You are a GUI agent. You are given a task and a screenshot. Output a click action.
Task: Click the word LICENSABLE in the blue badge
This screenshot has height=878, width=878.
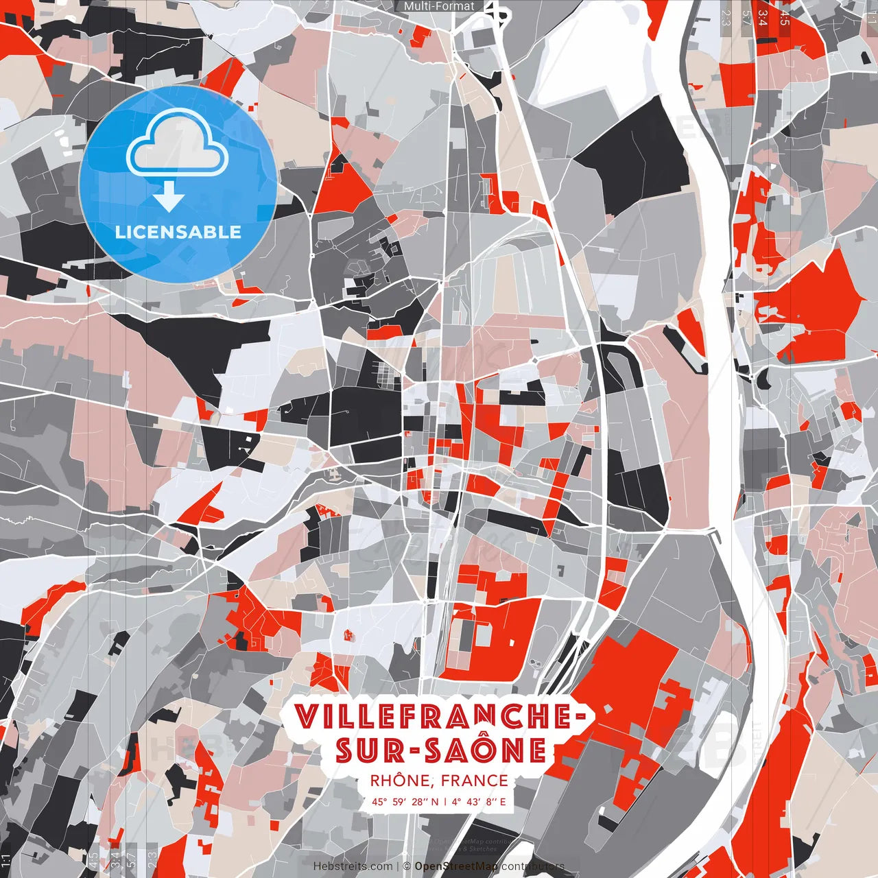pyautogui.click(x=178, y=232)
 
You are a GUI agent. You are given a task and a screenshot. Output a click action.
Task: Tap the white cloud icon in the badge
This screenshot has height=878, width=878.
pyautogui.click(x=178, y=144)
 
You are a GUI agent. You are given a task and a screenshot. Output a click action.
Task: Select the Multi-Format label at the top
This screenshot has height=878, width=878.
pyautogui.click(x=439, y=6)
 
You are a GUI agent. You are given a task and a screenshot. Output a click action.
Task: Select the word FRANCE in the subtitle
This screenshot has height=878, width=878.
pyautogui.click(x=475, y=781)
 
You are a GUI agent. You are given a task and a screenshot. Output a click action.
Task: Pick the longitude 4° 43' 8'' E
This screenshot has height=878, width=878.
pyautogui.click(x=478, y=801)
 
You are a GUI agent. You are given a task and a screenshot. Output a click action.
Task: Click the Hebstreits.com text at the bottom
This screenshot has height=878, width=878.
pyautogui.click(x=353, y=866)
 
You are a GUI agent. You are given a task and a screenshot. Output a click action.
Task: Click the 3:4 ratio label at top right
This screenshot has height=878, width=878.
pyautogui.click(x=763, y=17)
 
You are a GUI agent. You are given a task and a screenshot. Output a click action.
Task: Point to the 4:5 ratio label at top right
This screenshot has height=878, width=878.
pyautogui.click(x=784, y=17)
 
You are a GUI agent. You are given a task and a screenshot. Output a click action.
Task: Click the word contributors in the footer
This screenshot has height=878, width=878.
pyautogui.click(x=532, y=866)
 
